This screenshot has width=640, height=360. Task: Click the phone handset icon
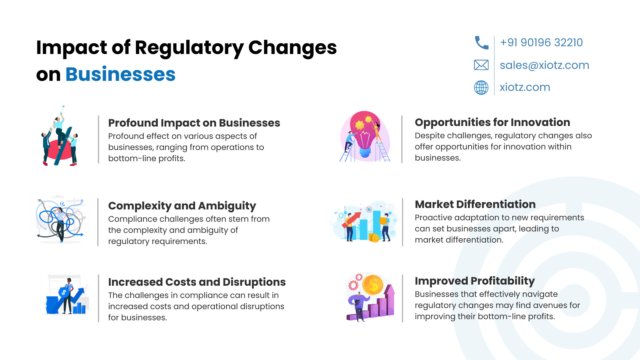(x=481, y=43)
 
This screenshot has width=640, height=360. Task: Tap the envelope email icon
(x=481, y=65)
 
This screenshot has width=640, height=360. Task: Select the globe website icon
(x=481, y=87)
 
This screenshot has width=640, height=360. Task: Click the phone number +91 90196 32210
(x=541, y=43)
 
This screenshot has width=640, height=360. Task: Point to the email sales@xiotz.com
(x=544, y=65)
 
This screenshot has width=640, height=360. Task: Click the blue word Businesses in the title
(x=120, y=74)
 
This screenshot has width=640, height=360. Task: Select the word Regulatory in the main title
(x=189, y=48)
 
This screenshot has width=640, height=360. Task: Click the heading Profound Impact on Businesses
(x=194, y=123)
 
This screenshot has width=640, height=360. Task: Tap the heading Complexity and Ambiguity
(x=182, y=206)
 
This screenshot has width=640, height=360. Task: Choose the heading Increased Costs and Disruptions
(x=197, y=282)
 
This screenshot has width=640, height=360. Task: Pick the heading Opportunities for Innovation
(x=492, y=122)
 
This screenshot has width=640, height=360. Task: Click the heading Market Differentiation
(x=475, y=204)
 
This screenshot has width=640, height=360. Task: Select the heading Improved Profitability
(x=475, y=281)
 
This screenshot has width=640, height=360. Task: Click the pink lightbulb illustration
(x=365, y=136)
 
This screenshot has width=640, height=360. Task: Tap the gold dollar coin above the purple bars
(x=373, y=285)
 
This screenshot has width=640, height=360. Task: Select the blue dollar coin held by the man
(x=64, y=293)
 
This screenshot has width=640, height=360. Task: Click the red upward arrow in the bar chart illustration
(x=351, y=220)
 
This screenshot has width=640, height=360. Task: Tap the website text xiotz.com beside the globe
(x=525, y=87)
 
